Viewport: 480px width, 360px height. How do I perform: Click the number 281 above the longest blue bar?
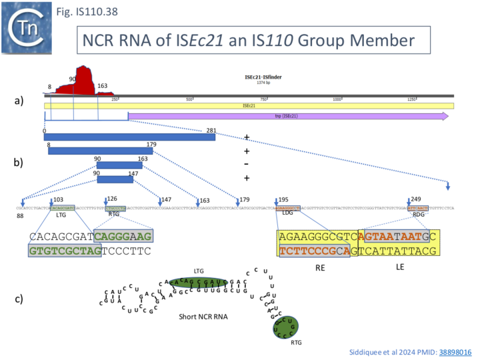pos(211,131)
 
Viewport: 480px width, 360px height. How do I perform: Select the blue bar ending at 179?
pos(100,151)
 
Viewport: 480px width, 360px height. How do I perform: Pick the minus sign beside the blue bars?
pos(247,165)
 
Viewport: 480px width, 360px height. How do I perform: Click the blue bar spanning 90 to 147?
pos(115,179)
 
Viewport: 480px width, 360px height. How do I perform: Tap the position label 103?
pos(58,199)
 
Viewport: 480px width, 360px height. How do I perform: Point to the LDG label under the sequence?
pos(288,214)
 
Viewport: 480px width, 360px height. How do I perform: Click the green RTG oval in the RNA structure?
pos(285,327)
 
